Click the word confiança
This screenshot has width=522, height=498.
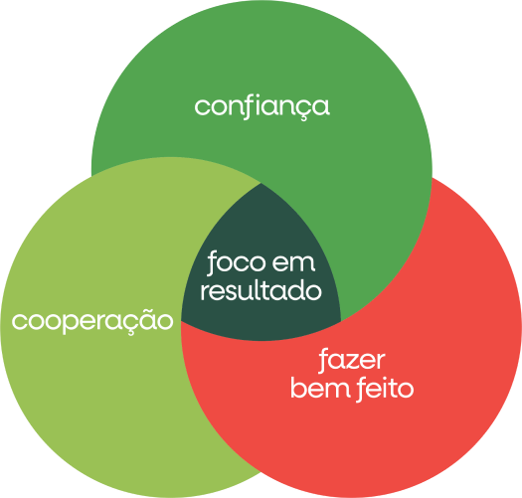click(x=262, y=107)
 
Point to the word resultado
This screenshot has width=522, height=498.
click(x=261, y=290)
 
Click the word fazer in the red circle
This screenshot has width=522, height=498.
click(x=352, y=360)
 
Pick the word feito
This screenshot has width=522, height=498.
click(x=385, y=389)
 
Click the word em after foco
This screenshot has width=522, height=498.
click(x=293, y=263)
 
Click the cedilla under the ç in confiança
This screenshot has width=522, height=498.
click(x=302, y=118)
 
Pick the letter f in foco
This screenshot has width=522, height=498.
click(x=214, y=263)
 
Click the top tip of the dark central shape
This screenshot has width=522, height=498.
click(x=261, y=183)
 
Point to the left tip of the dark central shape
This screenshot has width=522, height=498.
click(x=181, y=321)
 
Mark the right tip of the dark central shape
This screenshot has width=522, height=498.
click(x=341, y=322)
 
